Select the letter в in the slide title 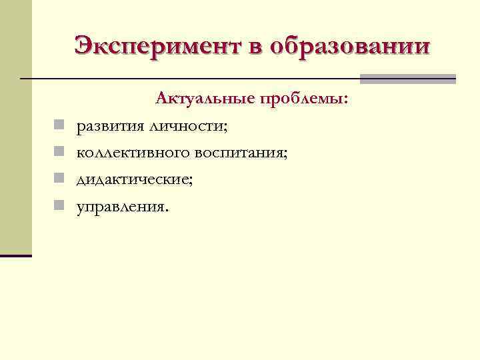click(x=261, y=46)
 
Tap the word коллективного click(x=133, y=153)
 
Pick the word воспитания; click(x=241, y=153)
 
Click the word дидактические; click(x=134, y=179)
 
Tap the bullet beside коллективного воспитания click(x=59, y=152)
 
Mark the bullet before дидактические click(x=59, y=179)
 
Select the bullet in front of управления click(x=59, y=205)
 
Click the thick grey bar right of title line click(x=407, y=79)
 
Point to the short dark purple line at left click(x=16, y=255)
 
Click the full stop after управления click(x=167, y=210)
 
